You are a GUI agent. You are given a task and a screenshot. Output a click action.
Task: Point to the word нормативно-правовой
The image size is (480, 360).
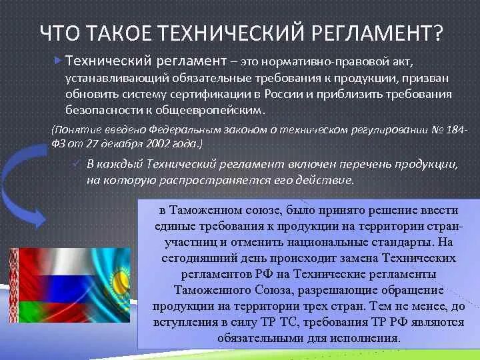(x=321, y=62)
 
